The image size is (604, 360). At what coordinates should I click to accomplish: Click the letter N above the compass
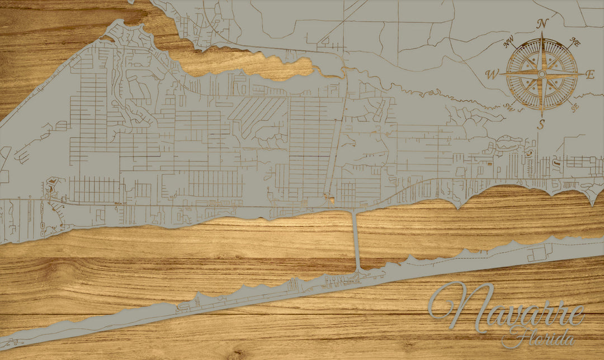[x=541, y=23]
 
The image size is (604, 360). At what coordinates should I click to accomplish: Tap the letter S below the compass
[x=541, y=125]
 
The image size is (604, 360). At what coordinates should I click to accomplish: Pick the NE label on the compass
[x=574, y=42]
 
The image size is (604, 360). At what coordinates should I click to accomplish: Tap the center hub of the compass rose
[x=541, y=74]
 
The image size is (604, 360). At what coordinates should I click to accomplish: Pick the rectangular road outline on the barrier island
[x=537, y=254]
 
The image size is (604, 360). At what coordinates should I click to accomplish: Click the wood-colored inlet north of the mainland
[x=246, y=64]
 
